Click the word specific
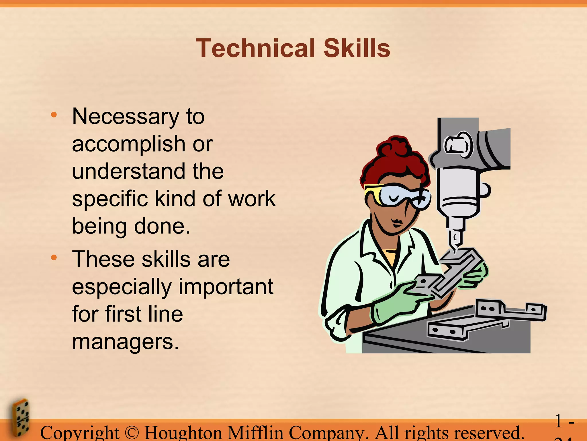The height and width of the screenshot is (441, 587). tap(109, 199)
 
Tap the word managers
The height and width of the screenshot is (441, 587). tap(125, 342)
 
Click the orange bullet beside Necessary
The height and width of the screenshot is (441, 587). tap(54, 115)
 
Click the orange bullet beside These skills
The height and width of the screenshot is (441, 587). tap(54, 258)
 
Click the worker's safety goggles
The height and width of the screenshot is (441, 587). tap(398, 195)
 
